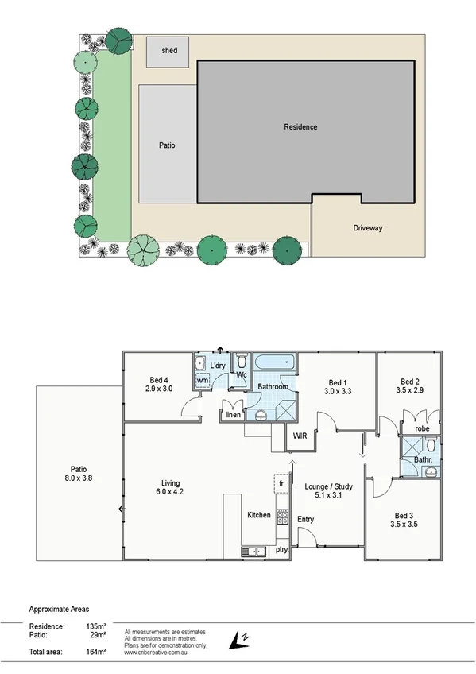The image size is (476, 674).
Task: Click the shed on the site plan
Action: point(169,51)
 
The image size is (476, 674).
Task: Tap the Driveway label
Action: point(368,228)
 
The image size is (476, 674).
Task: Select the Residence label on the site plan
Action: point(300,127)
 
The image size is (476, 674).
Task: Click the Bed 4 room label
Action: point(159,379)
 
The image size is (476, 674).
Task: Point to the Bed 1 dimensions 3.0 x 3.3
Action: point(337,391)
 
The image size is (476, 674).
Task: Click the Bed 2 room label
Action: point(408,380)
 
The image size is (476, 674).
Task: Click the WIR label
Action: point(300,436)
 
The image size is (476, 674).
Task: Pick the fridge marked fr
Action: point(281,483)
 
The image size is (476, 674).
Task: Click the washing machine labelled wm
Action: point(203,382)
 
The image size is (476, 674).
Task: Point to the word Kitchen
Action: point(259,515)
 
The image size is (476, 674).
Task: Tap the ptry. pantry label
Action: point(281,549)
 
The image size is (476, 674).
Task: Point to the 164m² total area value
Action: point(95,652)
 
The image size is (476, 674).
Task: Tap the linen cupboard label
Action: point(232,415)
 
